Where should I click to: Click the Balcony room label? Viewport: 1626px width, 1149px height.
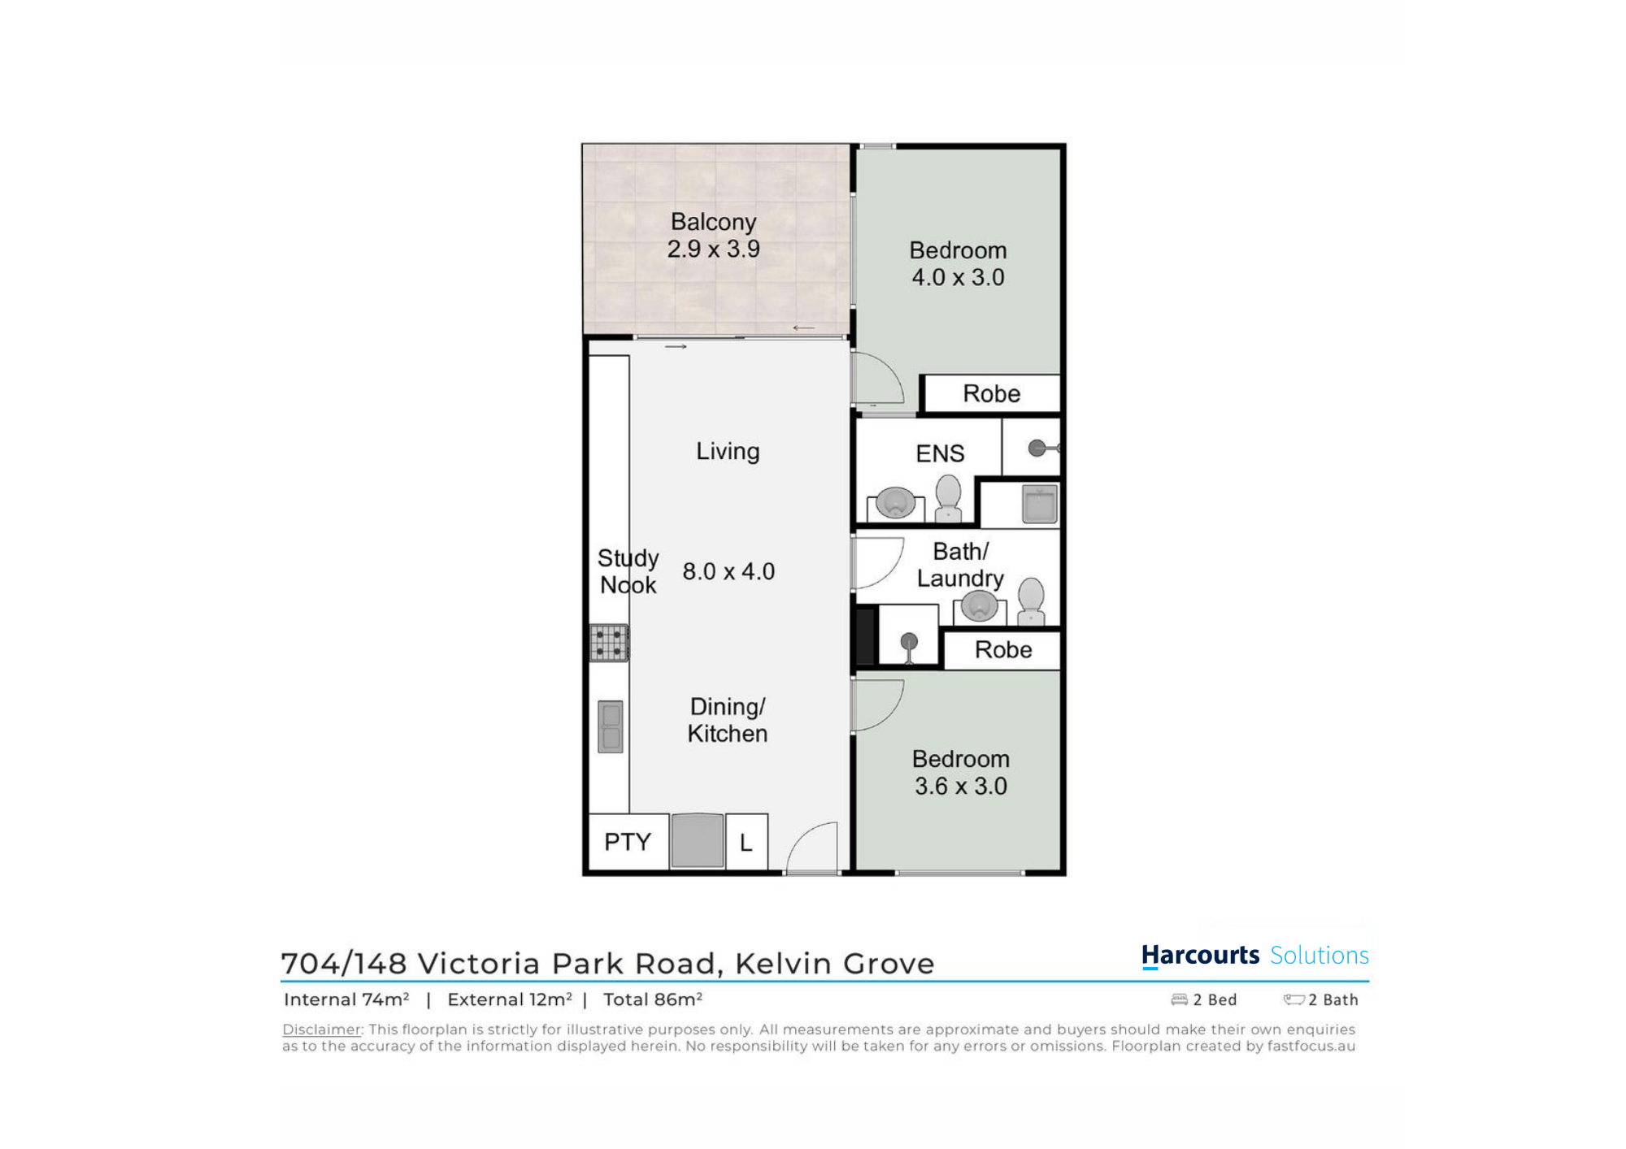(713, 223)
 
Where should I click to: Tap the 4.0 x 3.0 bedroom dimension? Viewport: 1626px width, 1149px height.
(958, 277)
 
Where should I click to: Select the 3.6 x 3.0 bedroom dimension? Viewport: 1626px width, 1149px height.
(960, 786)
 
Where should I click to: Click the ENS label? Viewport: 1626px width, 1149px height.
(940, 453)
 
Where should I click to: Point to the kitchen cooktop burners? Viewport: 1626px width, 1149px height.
(609, 643)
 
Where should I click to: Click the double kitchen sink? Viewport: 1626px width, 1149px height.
(611, 726)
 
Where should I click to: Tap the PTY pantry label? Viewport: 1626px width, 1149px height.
(628, 842)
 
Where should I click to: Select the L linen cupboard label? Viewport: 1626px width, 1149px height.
(746, 843)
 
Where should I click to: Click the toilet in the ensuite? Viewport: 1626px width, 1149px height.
(948, 498)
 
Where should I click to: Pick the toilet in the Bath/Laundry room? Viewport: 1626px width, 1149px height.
(1031, 601)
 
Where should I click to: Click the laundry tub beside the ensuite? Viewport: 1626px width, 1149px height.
(1039, 504)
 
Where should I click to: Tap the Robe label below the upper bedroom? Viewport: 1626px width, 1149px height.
(991, 394)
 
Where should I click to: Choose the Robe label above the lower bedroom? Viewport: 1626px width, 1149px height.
(1003, 650)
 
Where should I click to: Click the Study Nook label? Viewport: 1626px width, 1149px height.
(628, 571)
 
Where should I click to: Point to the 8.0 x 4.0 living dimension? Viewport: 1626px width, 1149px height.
(728, 571)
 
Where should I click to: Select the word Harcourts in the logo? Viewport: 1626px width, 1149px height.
(1200, 956)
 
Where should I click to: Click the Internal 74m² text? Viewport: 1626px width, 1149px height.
(346, 999)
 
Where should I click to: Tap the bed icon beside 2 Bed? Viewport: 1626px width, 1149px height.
(1179, 999)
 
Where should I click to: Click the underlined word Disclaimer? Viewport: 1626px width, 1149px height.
(322, 1030)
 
